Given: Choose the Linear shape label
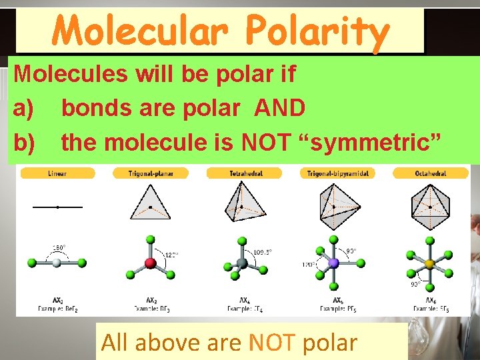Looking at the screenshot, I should pos(57,173).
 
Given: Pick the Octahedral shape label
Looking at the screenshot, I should pos(430,173).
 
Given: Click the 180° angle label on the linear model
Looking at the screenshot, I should pos(58,248).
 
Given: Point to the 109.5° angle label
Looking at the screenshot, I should pos(263,252).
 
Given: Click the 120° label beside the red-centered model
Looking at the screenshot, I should pos(171,255).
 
